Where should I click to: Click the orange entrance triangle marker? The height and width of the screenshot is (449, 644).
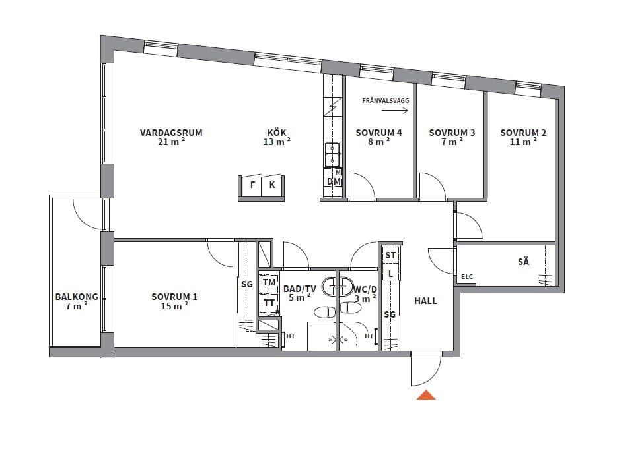[x=426, y=395]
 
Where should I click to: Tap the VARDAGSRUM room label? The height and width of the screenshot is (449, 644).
[x=171, y=133]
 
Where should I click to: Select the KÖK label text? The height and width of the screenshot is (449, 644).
[x=277, y=133]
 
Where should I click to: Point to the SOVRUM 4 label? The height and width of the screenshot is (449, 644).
[x=378, y=133]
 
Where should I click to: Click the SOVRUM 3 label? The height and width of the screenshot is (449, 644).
[x=452, y=133]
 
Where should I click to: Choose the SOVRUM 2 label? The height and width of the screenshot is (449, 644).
[x=523, y=133]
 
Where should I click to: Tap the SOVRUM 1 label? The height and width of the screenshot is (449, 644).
[x=174, y=297]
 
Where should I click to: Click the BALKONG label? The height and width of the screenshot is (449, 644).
[x=77, y=297]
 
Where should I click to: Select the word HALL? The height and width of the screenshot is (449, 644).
[x=425, y=301]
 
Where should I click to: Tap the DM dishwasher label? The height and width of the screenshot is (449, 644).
[x=334, y=181]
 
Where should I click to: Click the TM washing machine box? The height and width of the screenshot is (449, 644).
[x=269, y=283]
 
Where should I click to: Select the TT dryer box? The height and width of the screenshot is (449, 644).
[x=269, y=303]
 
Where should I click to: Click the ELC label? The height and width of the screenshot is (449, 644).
[x=467, y=277]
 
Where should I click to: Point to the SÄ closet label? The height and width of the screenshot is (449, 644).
[x=523, y=262]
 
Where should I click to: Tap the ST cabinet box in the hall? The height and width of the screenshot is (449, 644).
[x=390, y=255]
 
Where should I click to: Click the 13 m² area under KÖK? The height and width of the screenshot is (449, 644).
[x=277, y=142]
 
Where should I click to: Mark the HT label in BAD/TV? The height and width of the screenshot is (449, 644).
[x=291, y=336]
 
